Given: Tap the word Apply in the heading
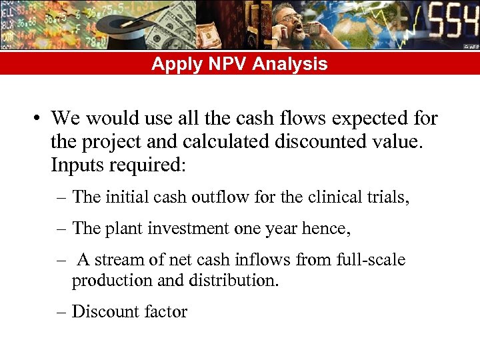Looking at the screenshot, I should [172, 64].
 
